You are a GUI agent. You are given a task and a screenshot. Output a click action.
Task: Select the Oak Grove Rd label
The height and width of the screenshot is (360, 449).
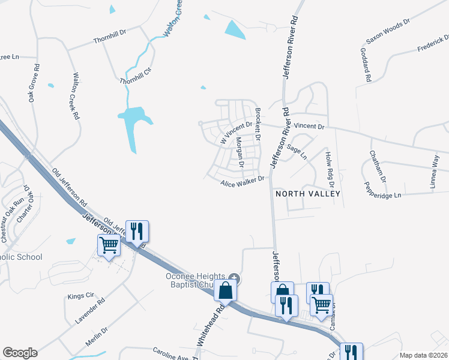pyautogui.click(x=34, y=83)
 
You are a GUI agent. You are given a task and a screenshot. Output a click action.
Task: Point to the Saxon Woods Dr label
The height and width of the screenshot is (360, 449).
pyautogui.click(x=388, y=32)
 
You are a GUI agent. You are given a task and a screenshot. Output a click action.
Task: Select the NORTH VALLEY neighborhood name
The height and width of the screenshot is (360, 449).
pyautogui.click(x=307, y=194)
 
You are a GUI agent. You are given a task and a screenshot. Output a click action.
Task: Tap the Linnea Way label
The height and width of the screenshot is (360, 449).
pyautogui.click(x=435, y=172)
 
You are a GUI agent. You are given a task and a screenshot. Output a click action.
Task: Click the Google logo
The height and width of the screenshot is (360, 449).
pyautogui.click(x=20, y=353)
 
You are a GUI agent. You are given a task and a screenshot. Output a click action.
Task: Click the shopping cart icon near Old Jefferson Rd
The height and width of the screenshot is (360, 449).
pyautogui.click(x=108, y=244)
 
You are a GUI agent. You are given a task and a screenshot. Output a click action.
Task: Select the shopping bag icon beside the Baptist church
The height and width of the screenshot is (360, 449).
pyautogui.click(x=225, y=290)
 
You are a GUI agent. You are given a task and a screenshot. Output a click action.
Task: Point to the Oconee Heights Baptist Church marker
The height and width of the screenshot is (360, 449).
pyautogui.click(x=235, y=278)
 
